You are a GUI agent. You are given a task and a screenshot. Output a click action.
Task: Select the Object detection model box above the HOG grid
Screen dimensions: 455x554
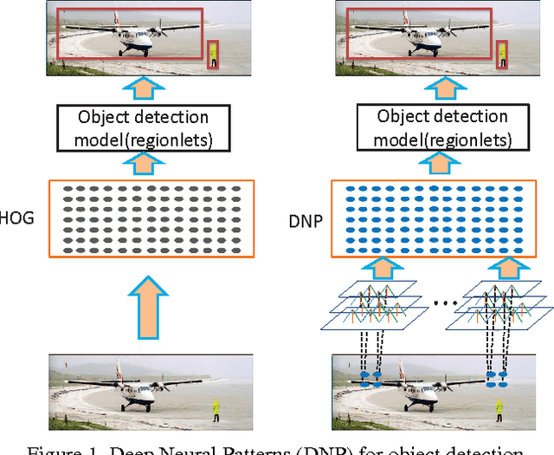point(144,127)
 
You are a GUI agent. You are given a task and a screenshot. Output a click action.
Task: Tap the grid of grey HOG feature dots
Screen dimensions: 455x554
point(151,218)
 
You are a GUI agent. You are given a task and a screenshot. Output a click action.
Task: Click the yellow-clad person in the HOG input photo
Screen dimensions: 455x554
point(216,406)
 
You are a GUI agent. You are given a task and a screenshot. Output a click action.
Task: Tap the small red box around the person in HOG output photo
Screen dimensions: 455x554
point(213,55)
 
